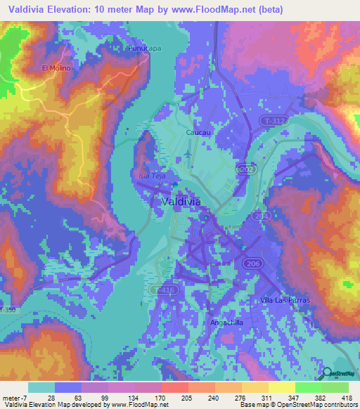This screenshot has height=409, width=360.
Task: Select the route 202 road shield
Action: [245, 169]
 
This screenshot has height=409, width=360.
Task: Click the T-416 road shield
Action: [164, 289]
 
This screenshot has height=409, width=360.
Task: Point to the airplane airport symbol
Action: [186, 154]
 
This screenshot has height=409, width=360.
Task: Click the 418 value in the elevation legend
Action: [347, 397]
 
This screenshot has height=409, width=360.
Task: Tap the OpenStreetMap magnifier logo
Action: [328, 374]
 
